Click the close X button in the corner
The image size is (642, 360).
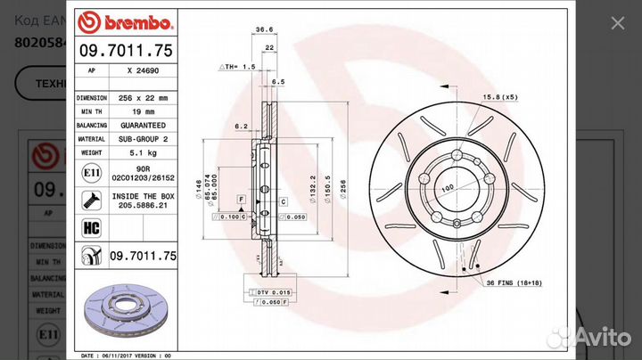[x=616, y=23]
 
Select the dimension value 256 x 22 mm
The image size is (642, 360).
[x=144, y=97]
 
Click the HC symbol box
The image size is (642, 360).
[x=90, y=229]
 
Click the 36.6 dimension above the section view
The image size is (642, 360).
[x=264, y=29]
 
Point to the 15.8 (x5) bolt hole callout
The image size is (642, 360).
[x=500, y=95]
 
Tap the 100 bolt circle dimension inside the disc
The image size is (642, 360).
[x=447, y=188]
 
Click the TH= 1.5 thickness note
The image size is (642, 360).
[x=238, y=67]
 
